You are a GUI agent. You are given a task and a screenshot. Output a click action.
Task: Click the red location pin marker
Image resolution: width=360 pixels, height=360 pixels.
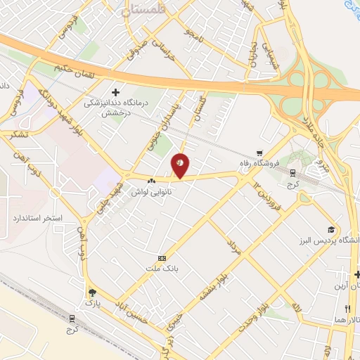click(181, 165)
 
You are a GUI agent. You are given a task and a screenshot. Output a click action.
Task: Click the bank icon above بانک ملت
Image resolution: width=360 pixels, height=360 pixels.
click(163, 258)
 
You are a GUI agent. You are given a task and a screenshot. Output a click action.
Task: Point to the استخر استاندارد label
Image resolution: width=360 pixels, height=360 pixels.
click(33, 218)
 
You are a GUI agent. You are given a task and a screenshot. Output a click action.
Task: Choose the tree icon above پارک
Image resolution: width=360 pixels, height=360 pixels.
click(91, 292)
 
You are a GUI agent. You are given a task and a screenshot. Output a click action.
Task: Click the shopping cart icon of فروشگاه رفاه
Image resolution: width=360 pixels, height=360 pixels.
click(260, 152)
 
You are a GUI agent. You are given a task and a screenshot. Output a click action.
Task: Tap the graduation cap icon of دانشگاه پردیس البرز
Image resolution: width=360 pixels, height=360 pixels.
click(330, 230)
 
